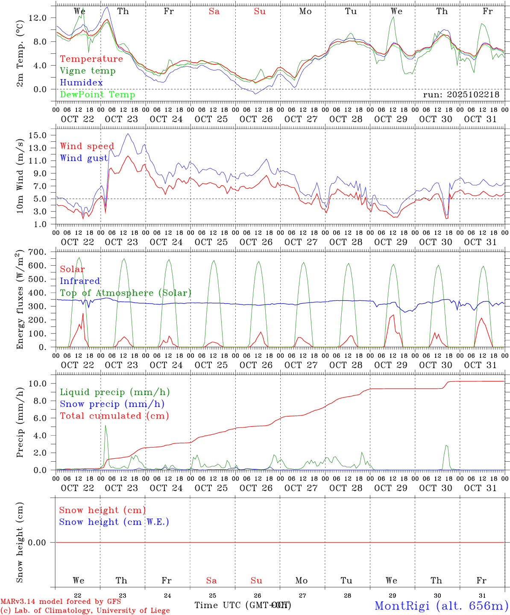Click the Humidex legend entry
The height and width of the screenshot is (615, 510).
click(x=81, y=82)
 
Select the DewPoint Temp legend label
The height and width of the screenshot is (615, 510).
click(x=97, y=94)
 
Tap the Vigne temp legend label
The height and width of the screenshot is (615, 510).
click(x=88, y=70)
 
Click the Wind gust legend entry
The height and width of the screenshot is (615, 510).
click(x=84, y=158)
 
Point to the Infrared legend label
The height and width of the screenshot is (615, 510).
click(x=80, y=281)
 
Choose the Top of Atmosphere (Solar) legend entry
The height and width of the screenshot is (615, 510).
click(x=126, y=293)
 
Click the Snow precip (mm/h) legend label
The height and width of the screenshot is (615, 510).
click(x=112, y=404)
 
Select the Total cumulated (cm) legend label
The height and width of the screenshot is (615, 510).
click(x=114, y=416)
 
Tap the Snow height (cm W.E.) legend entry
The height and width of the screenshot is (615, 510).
click(x=114, y=522)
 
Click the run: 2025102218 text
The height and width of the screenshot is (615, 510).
click(x=461, y=94)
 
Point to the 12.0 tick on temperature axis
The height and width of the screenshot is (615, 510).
click(x=44, y=18)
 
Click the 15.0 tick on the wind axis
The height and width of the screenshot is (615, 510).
click(x=44, y=135)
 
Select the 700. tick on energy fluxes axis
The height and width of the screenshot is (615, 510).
click(x=43, y=252)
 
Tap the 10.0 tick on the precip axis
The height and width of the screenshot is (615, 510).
click(x=44, y=384)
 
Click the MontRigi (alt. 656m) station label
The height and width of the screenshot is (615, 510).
click(x=441, y=605)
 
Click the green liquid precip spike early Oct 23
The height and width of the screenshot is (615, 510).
click(x=106, y=427)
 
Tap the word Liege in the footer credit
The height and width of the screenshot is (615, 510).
click(x=158, y=610)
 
